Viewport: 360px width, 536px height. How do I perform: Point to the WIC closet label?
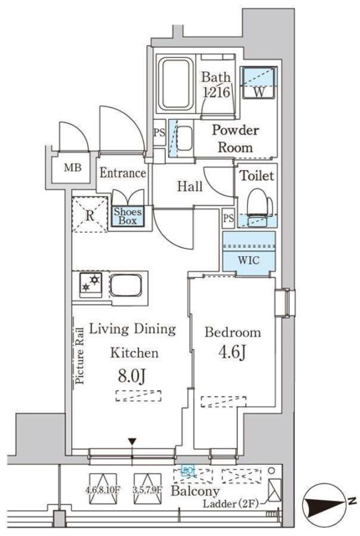click(x=249, y=260)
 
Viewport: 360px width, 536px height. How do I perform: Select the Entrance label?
click(x=122, y=173)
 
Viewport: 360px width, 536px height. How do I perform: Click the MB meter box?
click(x=73, y=168)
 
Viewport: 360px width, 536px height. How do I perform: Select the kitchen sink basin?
click(x=126, y=286)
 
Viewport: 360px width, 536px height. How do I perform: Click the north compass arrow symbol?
click(x=324, y=506)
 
